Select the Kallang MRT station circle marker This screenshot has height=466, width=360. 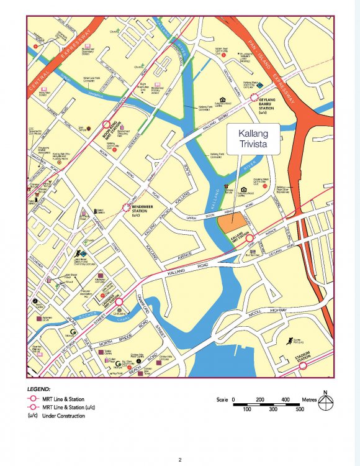coord(250,238)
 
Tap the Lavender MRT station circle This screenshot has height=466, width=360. coord(119,301)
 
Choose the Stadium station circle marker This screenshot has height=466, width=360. coord(303,365)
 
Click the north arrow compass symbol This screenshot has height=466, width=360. coord(324,404)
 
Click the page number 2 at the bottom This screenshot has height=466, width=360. coord(179,460)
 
